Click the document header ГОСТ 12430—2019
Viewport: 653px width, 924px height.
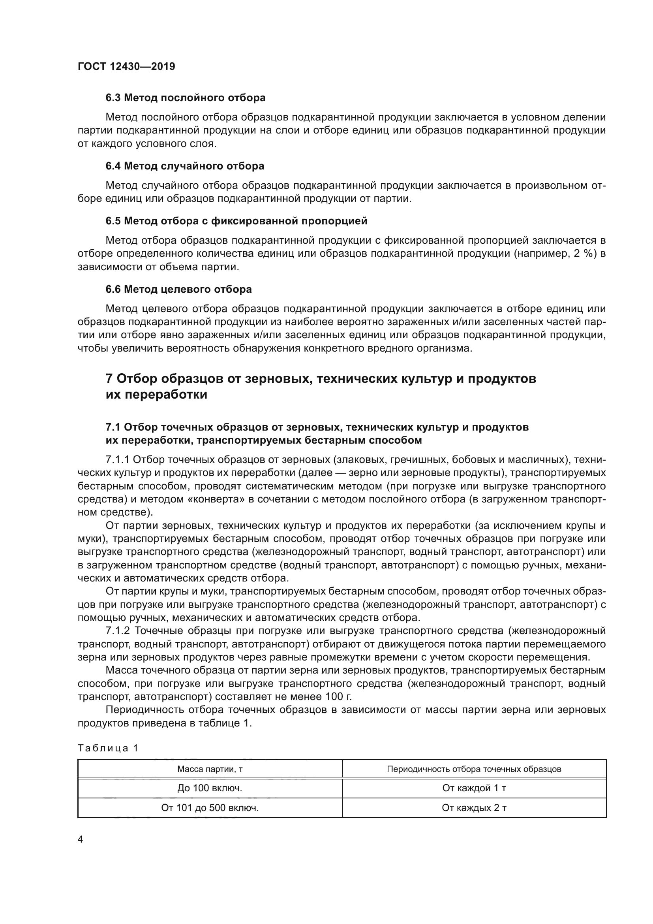(x=126, y=66)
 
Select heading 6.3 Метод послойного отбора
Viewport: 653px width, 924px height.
(x=186, y=98)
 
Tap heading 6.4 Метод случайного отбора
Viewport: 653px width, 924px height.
(x=185, y=166)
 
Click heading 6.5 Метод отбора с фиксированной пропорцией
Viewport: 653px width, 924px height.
(x=236, y=221)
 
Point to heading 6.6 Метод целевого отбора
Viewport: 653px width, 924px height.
(x=178, y=289)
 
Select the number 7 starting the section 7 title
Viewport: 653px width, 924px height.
(x=109, y=379)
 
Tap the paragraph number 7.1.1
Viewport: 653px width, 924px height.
(x=117, y=460)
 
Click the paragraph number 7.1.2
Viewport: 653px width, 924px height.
(x=117, y=630)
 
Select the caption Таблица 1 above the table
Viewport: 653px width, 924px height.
(x=108, y=748)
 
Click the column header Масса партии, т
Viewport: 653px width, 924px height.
(x=210, y=769)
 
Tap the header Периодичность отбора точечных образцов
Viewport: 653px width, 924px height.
(x=474, y=769)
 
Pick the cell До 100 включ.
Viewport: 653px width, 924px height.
(x=210, y=789)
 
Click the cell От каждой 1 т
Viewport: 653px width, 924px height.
(x=474, y=789)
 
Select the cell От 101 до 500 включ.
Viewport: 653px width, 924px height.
(x=210, y=808)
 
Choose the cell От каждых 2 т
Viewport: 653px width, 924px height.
(x=474, y=808)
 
